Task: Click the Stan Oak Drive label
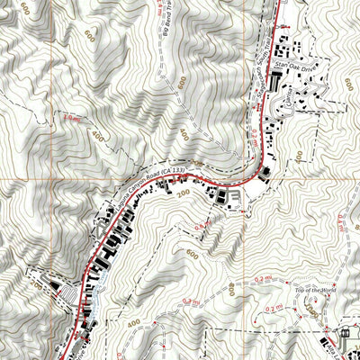coord(297,66)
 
